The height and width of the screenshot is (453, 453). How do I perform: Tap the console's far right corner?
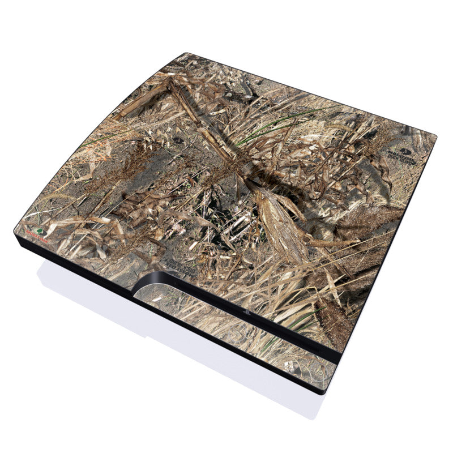click(x=436, y=136)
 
